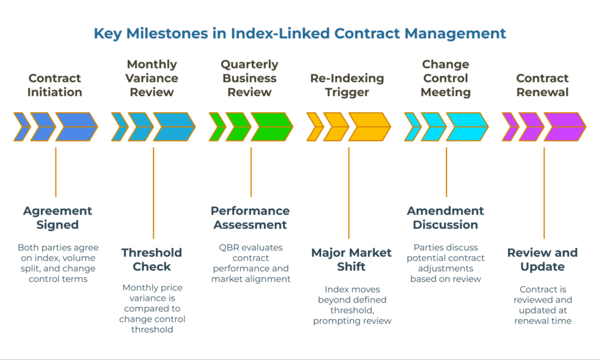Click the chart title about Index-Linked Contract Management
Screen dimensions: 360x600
(299, 33)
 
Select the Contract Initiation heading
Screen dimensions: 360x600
(55, 85)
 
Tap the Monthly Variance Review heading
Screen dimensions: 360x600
(152, 78)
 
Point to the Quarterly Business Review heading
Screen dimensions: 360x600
(250, 78)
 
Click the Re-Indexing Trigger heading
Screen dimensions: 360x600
(347, 85)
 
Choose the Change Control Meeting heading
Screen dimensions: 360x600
(446, 78)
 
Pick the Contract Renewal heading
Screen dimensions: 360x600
(543, 85)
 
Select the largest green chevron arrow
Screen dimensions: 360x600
(271, 127)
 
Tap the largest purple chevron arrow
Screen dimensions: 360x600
(564, 127)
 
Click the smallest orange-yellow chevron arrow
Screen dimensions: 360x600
(315, 127)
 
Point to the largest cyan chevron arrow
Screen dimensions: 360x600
(467, 127)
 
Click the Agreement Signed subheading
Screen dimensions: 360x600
(57, 218)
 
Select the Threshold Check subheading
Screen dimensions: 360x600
(152, 260)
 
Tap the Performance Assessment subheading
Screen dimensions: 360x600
(250, 218)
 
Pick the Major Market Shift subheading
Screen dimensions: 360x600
(351, 260)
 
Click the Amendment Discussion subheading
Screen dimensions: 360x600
(445, 218)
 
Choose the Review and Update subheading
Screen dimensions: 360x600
(543, 260)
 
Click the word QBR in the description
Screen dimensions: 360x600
(226, 247)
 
